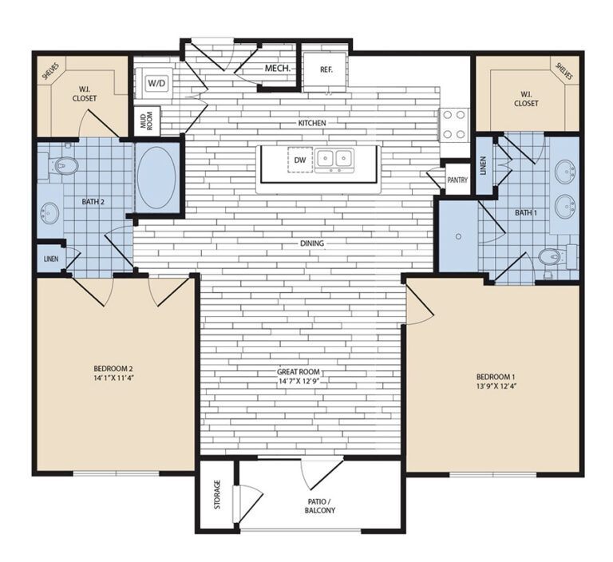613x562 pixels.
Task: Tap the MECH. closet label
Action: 277,69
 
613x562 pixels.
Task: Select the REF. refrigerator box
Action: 326,69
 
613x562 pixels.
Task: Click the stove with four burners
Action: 454,125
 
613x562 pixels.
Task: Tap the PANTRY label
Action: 457,180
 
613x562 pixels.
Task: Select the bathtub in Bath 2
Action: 156,176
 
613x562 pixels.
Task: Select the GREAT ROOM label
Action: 299,370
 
